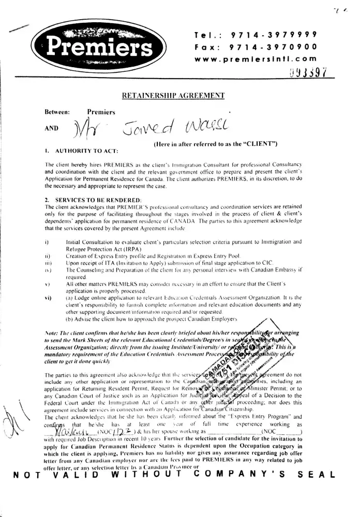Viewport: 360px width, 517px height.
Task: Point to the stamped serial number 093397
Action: pos(308,72)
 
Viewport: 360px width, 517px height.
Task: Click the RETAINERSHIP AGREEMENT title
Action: pos(173,95)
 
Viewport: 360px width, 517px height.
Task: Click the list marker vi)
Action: pos(48,298)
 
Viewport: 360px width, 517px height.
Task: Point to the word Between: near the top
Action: pos(57,111)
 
